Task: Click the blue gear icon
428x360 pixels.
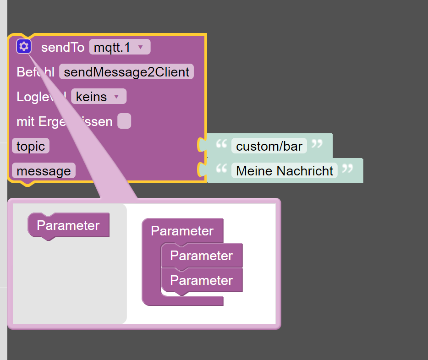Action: pos(24,46)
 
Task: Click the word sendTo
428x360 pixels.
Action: pos(63,47)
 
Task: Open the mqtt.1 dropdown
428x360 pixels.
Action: pos(119,47)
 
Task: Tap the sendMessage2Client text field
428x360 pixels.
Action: pos(126,72)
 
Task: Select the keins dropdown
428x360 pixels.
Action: pos(98,97)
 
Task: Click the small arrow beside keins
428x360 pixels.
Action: pos(116,97)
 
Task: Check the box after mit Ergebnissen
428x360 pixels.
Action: pos(124,121)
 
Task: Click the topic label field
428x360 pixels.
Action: pos(31,146)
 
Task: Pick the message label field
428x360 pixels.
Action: pos(44,171)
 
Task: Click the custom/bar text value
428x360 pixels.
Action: pos(269,146)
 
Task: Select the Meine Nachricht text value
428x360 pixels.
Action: pos(285,171)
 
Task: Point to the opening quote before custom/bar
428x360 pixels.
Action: pos(221,145)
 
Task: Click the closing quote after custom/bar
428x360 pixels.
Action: pos(317,145)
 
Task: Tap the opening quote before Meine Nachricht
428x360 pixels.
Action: pos(221,169)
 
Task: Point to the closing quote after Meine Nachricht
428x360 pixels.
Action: pos(348,169)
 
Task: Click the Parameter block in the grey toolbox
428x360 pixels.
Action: pos(68,225)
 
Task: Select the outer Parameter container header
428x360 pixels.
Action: pos(182,231)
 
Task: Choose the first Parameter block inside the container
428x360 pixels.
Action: pos(201,256)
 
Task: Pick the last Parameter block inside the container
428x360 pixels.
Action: pos(201,280)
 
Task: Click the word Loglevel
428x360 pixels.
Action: pos(41,97)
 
